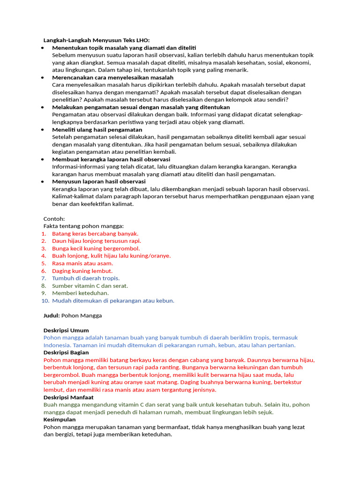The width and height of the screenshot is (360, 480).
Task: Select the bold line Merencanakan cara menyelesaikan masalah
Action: pyautogui.click(x=112, y=77)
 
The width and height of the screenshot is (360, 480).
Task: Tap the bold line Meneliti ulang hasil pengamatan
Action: pyautogui.click(x=97, y=129)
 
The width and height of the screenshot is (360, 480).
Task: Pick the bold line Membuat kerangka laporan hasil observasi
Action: pyautogui.click(x=111, y=159)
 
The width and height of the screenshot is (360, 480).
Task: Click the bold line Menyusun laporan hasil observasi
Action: pyautogui.click(x=98, y=181)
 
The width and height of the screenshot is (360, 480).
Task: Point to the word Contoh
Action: pyautogui.click(x=54, y=218)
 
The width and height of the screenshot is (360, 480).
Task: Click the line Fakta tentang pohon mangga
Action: pyautogui.click(x=83, y=226)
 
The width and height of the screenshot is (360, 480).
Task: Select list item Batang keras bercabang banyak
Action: pyautogui.click(x=95, y=233)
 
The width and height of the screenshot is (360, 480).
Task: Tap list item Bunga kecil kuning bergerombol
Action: pyautogui.click(x=96, y=248)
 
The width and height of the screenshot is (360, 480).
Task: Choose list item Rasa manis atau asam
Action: pyautogui.click(x=82, y=263)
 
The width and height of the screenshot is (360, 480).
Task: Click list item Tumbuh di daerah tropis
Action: pyautogui.click(x=86, y=278)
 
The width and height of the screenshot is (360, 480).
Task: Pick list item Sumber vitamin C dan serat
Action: pyautogui.click(x=90, y=285)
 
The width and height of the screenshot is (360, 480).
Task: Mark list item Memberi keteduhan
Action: pyautogui.click(x=80, y=293)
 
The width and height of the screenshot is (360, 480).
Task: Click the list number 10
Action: pyautogui.click(x=45, y=300)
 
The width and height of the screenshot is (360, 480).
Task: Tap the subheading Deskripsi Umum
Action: pyautogui.click(x=66, y=330)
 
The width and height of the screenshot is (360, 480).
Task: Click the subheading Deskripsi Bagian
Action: pyautogui.click(x=66, y=352)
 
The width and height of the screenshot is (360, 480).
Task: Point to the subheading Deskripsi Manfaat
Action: pyautogui.click(x=68, y=397)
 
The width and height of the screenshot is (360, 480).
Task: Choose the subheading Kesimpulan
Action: pyautogui.click(x=59, y=420)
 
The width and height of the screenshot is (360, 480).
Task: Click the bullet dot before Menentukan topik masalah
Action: pyautogui.click(x=43, y=48)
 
